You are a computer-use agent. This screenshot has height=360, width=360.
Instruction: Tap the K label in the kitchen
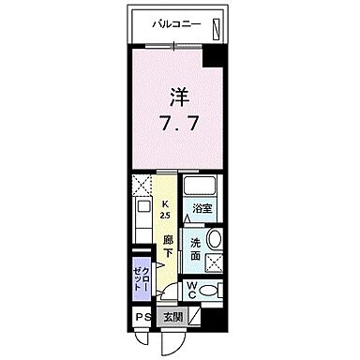point(165,203)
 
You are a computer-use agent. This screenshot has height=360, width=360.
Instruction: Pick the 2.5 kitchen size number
point(165,216)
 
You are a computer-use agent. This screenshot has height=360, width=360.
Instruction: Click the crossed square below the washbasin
point(214,263)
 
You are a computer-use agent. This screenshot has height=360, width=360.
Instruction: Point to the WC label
point(191,290)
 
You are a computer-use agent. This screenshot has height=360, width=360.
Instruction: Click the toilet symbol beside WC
point(212,290)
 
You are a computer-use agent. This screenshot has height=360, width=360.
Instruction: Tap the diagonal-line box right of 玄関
point(192,317)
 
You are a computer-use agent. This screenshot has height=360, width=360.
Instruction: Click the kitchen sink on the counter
point(142,210)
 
